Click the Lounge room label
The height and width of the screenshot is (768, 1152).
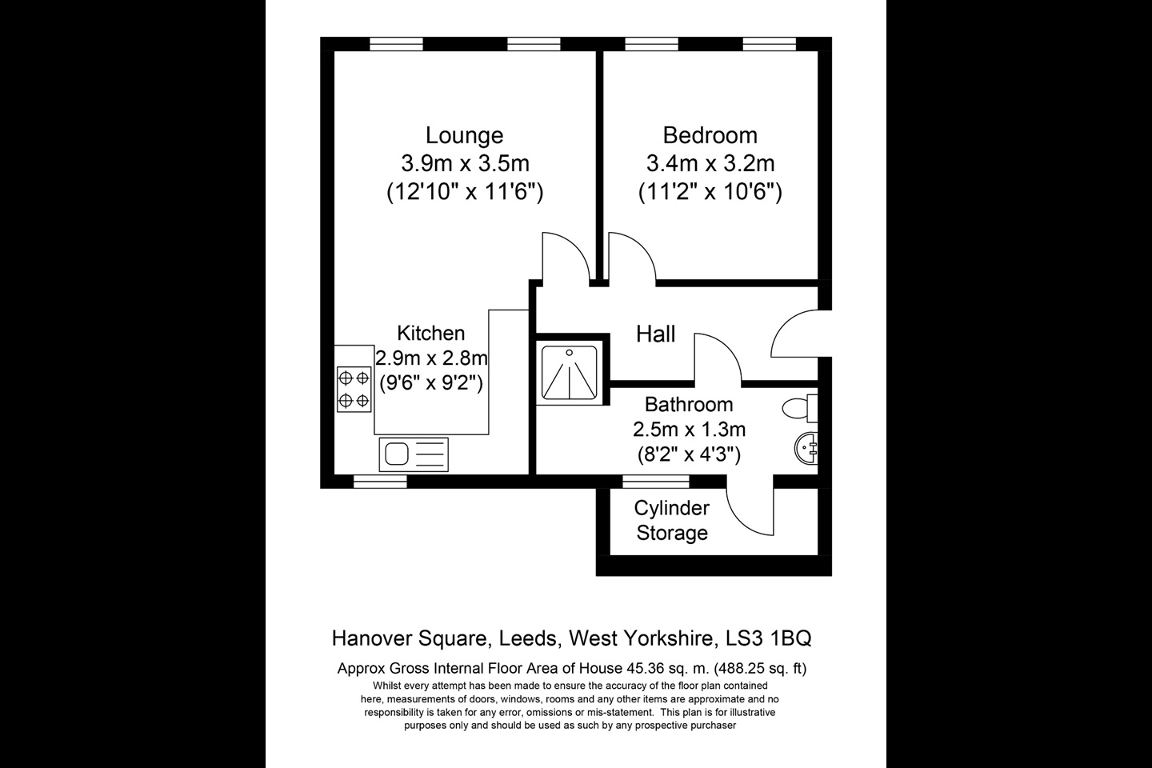464,135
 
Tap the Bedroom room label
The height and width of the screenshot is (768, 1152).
710,135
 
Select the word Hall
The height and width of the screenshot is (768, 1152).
656,334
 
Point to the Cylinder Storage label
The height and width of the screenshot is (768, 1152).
672,520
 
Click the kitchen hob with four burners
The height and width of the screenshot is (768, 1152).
354,389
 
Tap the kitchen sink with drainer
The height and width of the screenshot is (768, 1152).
414,454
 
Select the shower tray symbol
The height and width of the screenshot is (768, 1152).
570,373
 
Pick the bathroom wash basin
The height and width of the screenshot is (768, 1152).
806,448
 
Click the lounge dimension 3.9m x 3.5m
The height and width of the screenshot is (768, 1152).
465,163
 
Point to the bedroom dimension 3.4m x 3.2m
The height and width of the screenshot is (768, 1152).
710,163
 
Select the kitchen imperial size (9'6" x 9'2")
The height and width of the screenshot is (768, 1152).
431,382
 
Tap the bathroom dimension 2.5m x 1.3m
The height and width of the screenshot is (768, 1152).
689,429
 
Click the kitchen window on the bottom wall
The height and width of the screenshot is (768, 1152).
380,481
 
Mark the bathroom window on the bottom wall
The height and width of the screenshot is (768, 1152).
656,481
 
